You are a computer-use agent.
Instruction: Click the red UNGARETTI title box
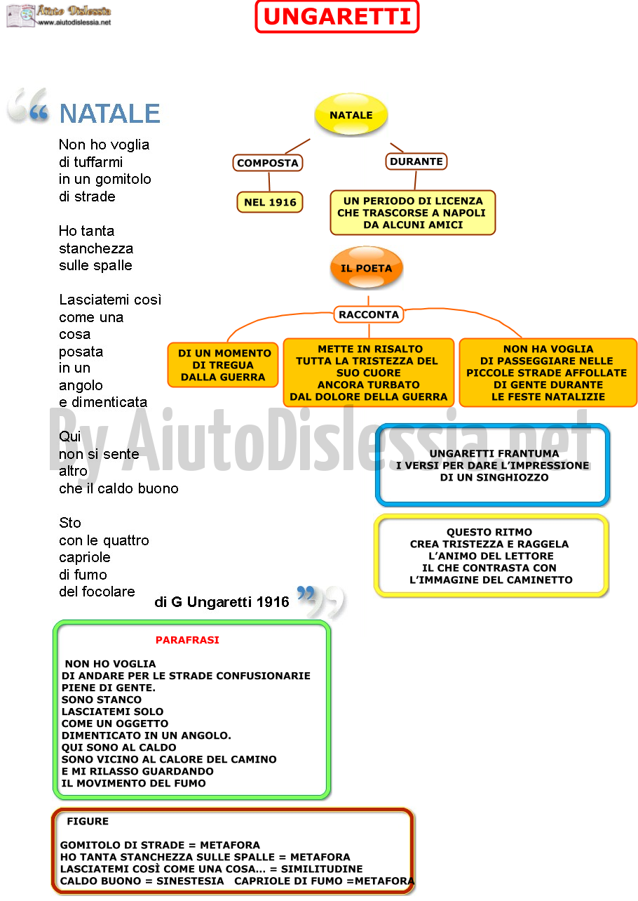pyautogui.click(x=337, y=17)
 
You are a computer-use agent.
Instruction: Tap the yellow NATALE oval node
pyautogui.click(x=351, y=114)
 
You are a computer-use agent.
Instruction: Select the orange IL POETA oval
pyautogui.click(x=366, y=267)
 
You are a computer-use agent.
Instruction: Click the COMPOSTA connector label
pyautogui.click(x=268, y=163)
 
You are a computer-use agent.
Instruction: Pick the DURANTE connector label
pyautogui.click(x=416, y=161)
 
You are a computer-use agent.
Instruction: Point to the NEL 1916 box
pyautogui.click(x=270, y=202)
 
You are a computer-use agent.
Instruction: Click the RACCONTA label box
pyautogui.click(x=368, y=314)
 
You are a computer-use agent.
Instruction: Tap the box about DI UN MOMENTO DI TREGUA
pyautogui.click(x=223, y=365)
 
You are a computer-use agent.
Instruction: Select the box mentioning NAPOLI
pyautogui.click(x=413, y=213)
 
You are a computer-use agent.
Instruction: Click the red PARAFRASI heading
pyautogui.click(x=187, y=639)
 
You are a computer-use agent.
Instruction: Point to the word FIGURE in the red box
pyautogui.click(x=88, y=821)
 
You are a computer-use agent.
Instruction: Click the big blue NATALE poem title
pyautogui.click(x=109, y=114)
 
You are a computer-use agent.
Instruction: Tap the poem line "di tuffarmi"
pyautogui.click(x=90, y=161)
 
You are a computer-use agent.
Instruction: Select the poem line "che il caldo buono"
pyautogui.click(x=118, y=488)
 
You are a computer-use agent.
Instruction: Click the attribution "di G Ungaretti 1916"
pyautogui.click(x=222, y=602)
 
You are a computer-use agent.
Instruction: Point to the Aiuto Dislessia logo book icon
pyautogui.click(x=21, y=15)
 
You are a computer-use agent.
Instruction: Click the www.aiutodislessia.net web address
pyautogui.click(x=74, y=22)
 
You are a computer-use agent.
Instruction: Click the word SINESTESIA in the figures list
pyautogui.click(x=190, y=881)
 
